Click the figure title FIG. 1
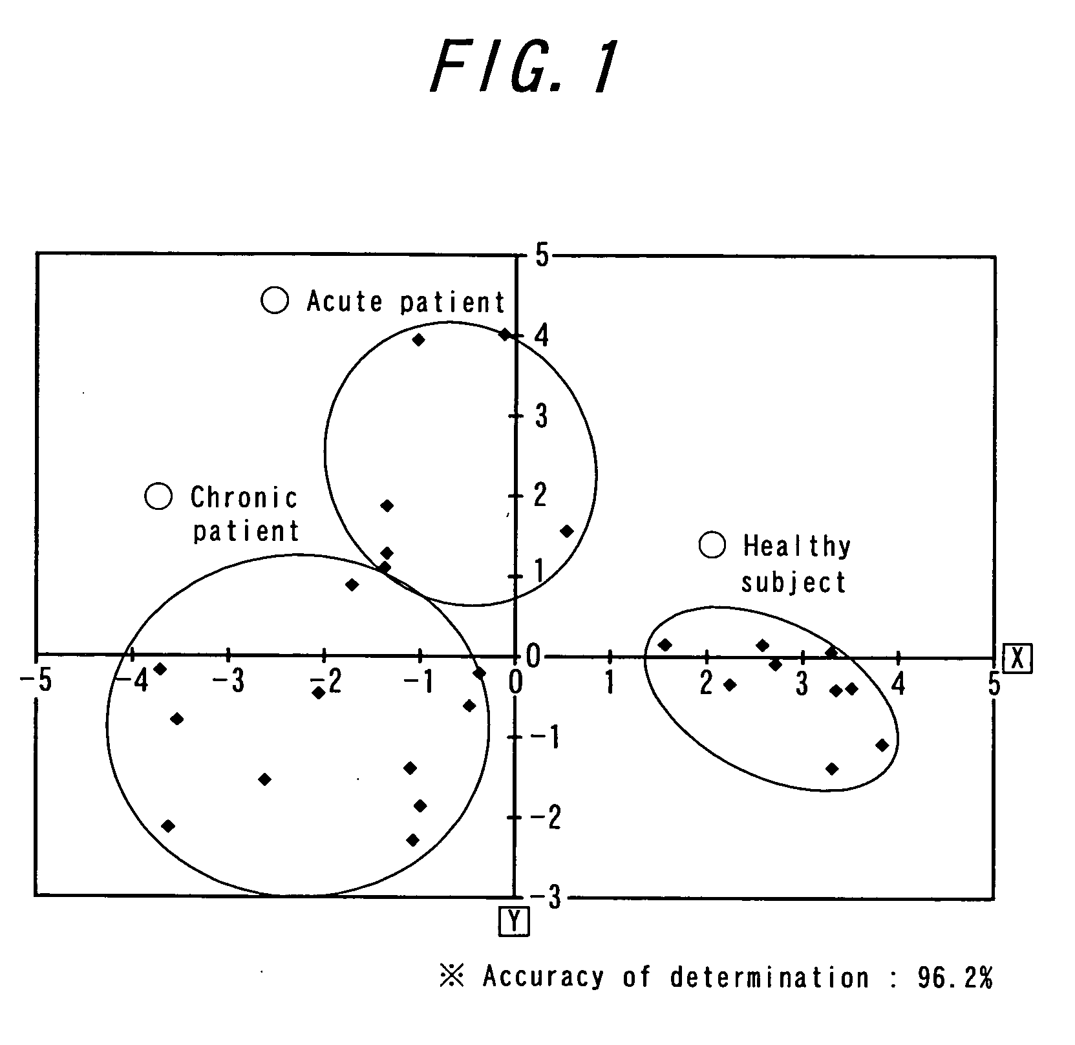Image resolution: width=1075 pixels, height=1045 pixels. coord(524,68)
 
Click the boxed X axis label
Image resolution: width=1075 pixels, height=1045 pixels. coord(1017,659)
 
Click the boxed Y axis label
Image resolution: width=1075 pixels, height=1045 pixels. coord(514,922)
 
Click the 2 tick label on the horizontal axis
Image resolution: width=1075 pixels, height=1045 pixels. coord(706,683)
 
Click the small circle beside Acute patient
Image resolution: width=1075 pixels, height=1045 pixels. coord(275,300)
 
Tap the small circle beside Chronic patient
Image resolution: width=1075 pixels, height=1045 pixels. coord(158,496)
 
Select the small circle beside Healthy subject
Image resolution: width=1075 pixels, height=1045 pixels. coord(712,545)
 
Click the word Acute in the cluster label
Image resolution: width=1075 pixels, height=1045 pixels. coord(345,301)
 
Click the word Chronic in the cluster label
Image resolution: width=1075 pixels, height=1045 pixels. coord(244,498)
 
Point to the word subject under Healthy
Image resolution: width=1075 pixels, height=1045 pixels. coord(793,583)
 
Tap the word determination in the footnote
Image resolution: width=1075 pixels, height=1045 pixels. coord(769,978)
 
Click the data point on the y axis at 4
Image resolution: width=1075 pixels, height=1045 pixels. coord(506,334)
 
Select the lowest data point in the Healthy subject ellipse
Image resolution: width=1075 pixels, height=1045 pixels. coord(832,768)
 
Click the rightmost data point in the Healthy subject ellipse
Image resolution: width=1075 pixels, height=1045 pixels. coord(882,745)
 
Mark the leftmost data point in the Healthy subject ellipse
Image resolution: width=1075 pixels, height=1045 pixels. coord(665,644)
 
